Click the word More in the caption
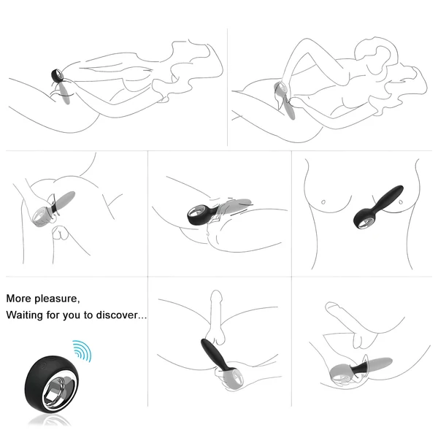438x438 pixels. click(x=20, y=299)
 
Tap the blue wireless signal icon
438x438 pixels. click(x=81, y=350)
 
